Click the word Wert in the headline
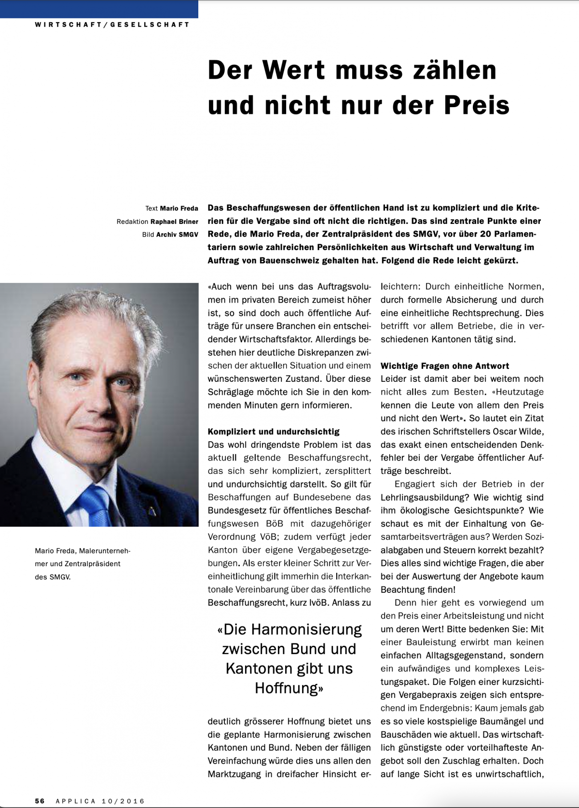(293, 70)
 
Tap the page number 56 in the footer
(40, 801)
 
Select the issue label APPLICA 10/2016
(100, 801)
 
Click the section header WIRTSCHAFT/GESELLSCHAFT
(112, 25)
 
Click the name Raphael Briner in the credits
(174, 222)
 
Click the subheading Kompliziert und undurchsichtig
(274, 432)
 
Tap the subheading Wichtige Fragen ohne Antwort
(445, 366)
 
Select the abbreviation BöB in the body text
(275, 524)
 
